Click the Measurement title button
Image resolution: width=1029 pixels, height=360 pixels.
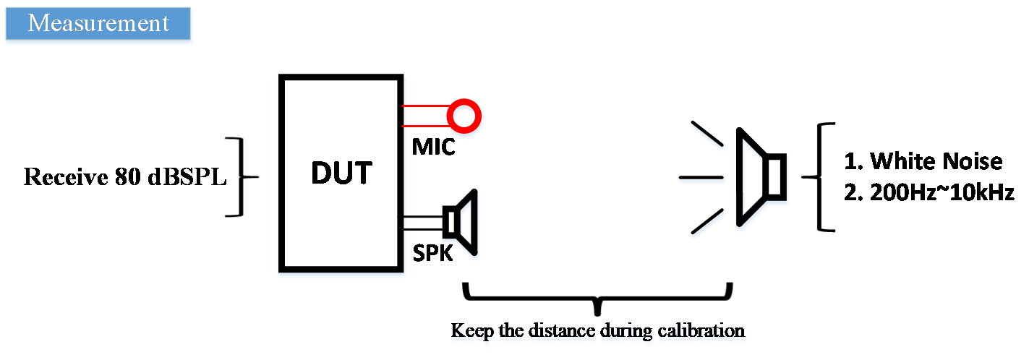click(x=98, y=25)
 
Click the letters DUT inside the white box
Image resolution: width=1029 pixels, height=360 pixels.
click(x=341, y=173)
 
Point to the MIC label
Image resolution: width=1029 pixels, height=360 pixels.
click(x=435, y=147)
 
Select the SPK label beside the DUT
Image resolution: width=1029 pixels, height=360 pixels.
click(x=432, y=253)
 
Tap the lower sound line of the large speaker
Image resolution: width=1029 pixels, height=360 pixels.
click(x=708, y=223)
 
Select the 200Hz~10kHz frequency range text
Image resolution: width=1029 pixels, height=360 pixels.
click(x=933, y=192)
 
